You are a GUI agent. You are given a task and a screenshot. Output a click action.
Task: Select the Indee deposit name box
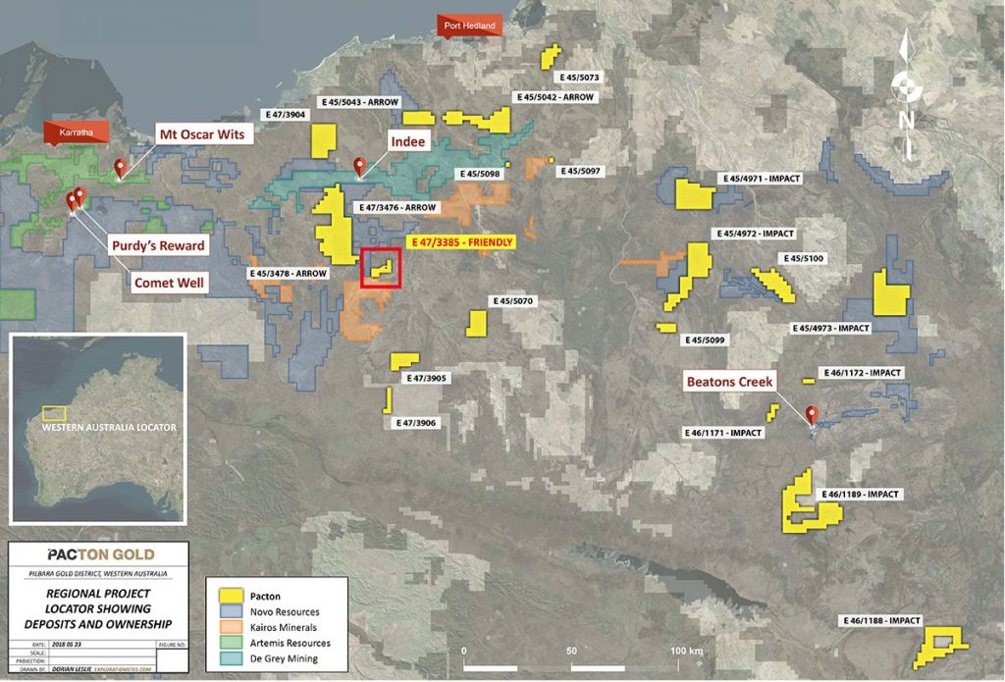[x=407, y=142]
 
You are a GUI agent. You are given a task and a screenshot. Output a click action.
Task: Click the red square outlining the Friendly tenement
[x=381, y=268]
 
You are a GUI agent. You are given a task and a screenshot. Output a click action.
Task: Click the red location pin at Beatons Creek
[x=812, y=415]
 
